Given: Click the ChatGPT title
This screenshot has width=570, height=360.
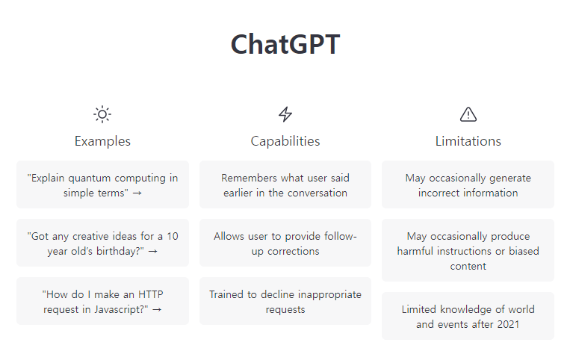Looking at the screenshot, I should (285, 45).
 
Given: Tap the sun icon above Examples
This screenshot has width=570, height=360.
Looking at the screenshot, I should (102, 114).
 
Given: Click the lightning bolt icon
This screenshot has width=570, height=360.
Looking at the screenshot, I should (285, 114).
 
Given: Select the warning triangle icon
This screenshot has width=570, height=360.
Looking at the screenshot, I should (468, 114).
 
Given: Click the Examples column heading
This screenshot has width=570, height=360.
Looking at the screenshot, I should (102, 141).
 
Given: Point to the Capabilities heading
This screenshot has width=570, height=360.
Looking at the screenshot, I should (285, 141).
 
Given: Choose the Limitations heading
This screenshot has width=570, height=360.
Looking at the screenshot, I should (468, 141).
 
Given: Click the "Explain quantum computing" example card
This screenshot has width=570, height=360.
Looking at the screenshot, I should (102, 184).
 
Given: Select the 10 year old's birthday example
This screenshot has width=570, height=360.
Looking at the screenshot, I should (102, 243).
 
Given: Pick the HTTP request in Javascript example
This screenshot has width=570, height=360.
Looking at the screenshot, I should (102, 301).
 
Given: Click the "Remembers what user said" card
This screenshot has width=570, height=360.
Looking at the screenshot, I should (285, 184).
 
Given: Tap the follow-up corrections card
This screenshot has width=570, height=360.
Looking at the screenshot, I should (285, 243).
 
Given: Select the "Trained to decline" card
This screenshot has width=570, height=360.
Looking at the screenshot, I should (285, 301).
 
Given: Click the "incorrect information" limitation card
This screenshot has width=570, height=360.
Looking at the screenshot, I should (468, 184).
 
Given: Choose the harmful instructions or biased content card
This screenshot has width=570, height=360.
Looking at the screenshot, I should (468, 250).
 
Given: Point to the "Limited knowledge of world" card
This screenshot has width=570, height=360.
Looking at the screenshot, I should (468, 316).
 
